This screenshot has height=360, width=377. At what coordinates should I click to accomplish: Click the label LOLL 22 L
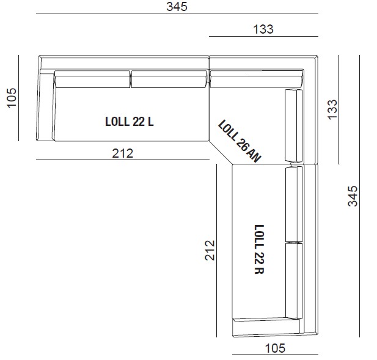click(x=129, y=122)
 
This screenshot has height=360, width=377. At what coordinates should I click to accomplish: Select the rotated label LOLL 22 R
click(x=260, y=248)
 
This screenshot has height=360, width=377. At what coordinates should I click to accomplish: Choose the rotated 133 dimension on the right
click(x=332, y=109)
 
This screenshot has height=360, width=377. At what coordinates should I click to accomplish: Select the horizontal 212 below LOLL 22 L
click(x=122, y=153)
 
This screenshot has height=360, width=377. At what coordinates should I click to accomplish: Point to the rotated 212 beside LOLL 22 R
click(x=210, y=250)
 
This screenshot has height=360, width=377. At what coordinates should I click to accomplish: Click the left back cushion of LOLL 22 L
click(x=92, y=78)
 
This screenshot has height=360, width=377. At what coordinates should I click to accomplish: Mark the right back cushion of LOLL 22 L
click(x=169, y=78)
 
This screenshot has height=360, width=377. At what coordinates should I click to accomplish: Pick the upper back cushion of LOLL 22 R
click(x=295, y=204)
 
